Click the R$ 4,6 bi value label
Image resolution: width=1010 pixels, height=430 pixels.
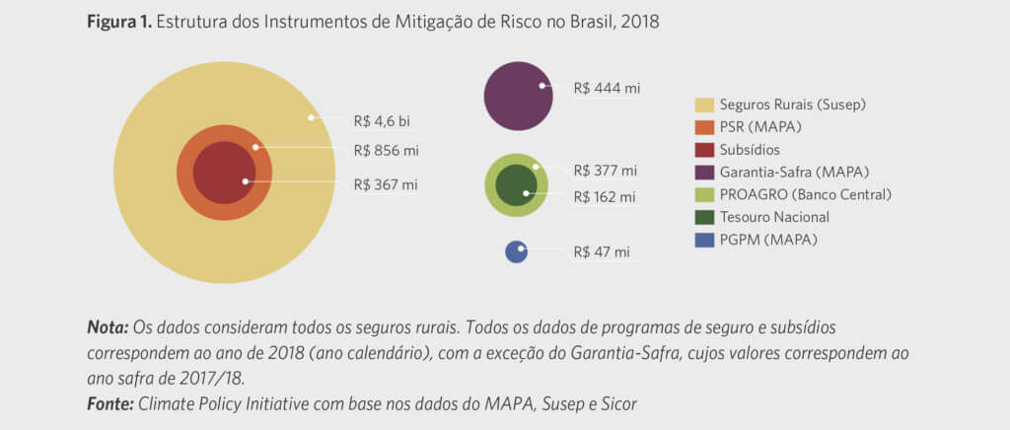coord(382,121)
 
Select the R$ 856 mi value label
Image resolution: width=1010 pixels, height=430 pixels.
coord(386,152)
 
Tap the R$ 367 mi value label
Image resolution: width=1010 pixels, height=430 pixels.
coord(386,184)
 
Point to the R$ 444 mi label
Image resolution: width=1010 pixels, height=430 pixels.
coord(607,88)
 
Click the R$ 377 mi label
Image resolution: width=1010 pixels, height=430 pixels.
coord(605,171)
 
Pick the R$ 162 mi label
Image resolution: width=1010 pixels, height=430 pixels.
coord(605,196)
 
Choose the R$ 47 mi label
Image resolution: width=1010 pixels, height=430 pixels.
coord(602,251)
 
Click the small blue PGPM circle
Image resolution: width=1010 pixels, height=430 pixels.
coord(516,251)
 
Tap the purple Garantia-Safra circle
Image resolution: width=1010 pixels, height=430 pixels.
coord(518,96)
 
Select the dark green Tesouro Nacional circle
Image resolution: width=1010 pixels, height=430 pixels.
coord(514,185)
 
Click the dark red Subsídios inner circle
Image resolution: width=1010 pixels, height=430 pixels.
coord(224,173)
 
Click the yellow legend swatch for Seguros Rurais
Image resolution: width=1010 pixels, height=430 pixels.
coord(704,104)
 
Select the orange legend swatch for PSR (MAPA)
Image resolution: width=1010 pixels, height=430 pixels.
coord(704,126)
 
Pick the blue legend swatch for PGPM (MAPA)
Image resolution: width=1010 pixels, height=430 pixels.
coord(704,240)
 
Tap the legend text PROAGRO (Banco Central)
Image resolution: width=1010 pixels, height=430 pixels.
coord(805,194)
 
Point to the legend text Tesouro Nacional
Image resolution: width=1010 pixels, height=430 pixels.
coord(774,217)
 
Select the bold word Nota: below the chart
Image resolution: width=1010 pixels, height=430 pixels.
coord(108,325)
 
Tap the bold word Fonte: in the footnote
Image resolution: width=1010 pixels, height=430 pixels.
coord(110,402)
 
